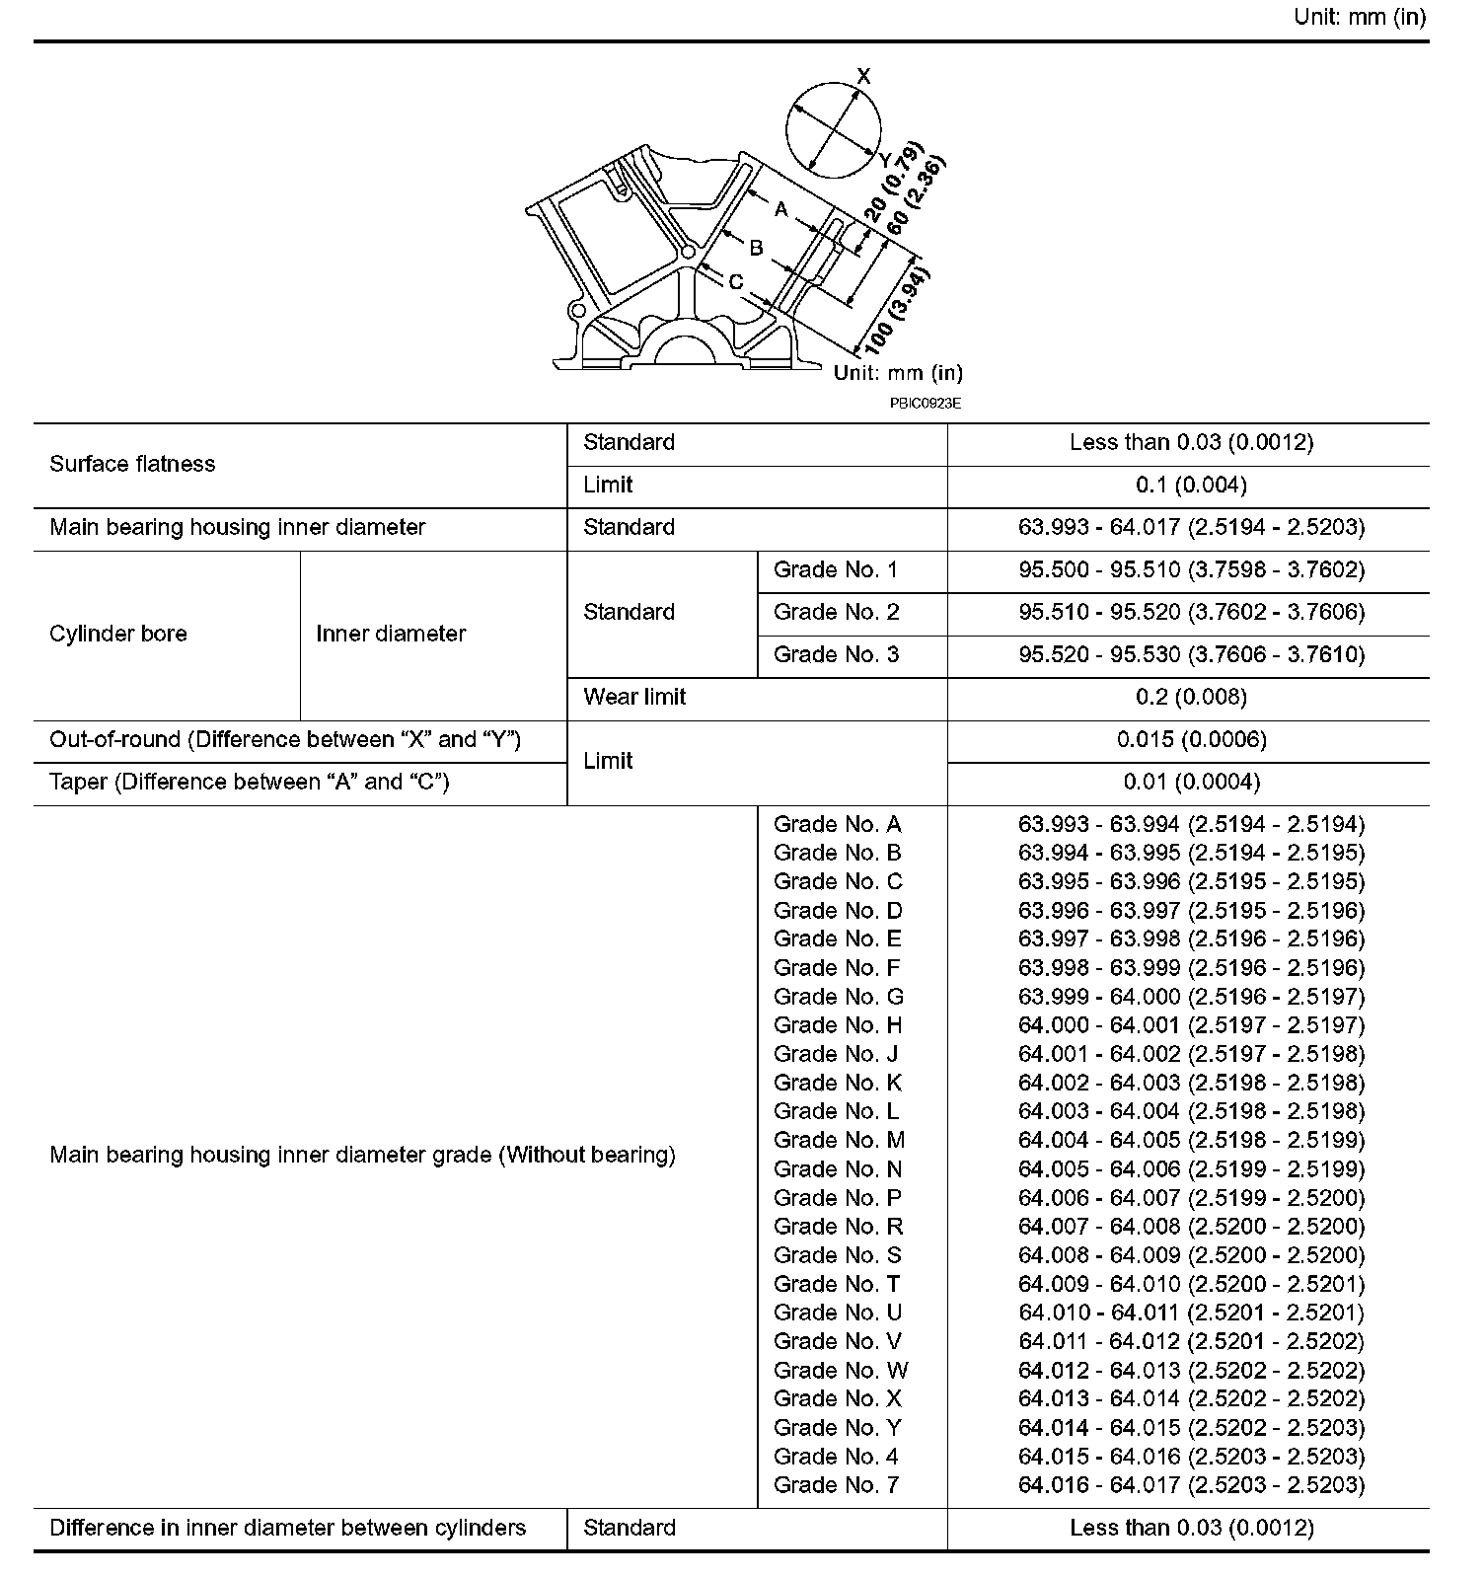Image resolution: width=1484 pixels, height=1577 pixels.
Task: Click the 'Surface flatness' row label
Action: click(132, 464)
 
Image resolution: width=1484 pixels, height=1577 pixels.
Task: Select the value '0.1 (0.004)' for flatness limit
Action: click(1191, 485)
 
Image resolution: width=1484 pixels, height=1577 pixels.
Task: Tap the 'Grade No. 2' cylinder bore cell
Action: click(836, 612)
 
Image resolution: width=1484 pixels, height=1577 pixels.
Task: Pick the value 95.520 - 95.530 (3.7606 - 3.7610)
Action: click(1191, 654)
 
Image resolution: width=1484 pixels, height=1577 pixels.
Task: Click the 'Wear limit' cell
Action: click(634, 697)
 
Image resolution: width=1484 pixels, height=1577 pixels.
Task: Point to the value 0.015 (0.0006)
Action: click(1191, 739)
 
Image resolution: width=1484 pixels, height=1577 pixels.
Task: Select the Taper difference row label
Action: click(250, 782)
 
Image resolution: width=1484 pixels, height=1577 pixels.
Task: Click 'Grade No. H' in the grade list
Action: click(838, 1025)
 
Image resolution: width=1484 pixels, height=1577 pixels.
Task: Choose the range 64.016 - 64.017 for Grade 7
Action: click(1191, 1484)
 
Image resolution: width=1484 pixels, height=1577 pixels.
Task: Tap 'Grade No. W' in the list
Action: click(841, 1370)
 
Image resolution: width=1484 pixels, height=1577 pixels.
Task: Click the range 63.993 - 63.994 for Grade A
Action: click(1191, 824)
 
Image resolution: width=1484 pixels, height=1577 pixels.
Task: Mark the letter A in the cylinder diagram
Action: click(781, 209)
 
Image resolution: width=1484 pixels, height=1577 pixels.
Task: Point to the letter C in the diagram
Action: click(736, 282)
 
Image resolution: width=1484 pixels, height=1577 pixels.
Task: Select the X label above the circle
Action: click(864, 76)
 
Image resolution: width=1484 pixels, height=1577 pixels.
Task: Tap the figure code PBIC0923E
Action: click(925, 403)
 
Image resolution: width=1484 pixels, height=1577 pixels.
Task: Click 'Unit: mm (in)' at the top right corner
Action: click(1360, 18)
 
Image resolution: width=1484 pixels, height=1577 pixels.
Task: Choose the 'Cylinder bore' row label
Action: click(118, 634)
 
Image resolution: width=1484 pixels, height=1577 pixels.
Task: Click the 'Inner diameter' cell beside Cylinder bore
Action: click(391, 634)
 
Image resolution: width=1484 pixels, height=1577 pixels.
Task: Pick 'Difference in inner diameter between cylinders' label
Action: click(287, 1528)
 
